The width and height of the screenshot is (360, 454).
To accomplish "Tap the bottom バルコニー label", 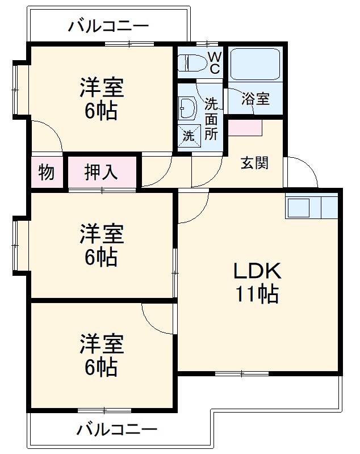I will click(116, 430).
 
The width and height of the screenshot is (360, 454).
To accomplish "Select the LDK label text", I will click(256, 271).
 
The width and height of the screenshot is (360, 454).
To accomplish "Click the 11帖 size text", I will click(256, 294).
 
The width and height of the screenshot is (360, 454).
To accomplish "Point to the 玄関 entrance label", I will click(254, 163).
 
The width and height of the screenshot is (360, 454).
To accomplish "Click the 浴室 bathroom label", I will click(255, 99).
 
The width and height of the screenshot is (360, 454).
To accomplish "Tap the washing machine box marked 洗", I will click(189, 134).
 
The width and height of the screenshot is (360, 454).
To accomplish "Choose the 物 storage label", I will click(47, 171).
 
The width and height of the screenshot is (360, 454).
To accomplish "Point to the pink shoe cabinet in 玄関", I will click(245, 128).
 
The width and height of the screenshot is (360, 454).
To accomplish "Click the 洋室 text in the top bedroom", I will click(102, 89).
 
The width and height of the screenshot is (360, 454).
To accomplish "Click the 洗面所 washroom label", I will click(211, 119).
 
